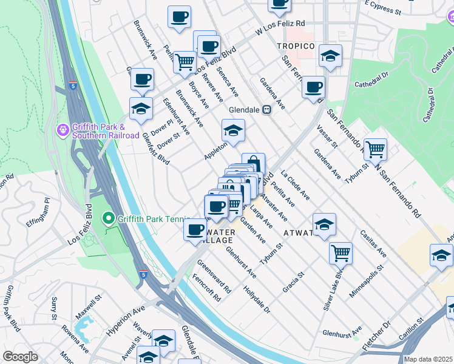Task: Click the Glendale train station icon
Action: point(266,110)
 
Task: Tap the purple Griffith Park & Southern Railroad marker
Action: point(61,130)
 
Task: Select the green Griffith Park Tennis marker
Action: point(108,217)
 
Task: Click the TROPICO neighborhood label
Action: point(296,47)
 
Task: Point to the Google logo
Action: point(20,357)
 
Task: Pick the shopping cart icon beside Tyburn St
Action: point(375,148)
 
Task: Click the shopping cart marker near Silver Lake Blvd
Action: point(340,252)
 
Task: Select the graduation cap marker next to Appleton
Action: point(232,129)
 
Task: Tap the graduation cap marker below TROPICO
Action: point(330,56)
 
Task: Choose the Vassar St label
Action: point(327,136)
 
